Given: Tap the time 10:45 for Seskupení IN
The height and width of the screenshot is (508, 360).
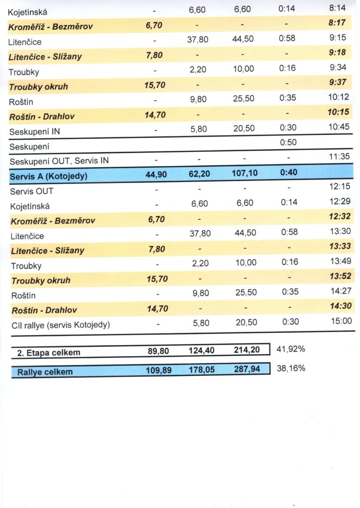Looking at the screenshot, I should click(340, 127).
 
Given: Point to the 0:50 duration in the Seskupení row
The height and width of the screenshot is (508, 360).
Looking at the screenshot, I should click(288, 143).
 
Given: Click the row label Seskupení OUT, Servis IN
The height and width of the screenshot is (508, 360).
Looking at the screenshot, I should click(59, 161).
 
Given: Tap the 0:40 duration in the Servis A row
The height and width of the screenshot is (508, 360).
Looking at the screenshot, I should click(288, 174).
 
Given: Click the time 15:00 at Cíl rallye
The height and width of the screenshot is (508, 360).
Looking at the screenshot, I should click(341, 321).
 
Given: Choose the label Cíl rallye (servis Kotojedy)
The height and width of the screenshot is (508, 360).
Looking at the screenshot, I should click(60, 325).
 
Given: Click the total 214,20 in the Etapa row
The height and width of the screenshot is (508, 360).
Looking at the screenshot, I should click(247, 350).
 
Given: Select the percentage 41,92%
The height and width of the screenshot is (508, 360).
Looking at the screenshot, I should click(290, 349).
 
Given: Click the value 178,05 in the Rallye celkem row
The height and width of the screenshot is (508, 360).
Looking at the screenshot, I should click(201, 369).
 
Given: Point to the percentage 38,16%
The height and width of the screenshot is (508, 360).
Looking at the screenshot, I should click(290, 368).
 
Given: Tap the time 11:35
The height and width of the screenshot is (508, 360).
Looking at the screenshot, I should click(340, 157).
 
